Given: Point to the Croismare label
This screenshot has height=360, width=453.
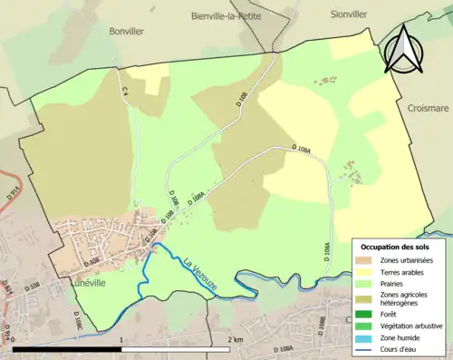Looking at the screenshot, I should (428, 106).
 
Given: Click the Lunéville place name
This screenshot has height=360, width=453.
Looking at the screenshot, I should (87, 283).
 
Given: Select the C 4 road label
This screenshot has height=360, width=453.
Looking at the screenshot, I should (126, 91).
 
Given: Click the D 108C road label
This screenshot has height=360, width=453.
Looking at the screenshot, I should (79, 317).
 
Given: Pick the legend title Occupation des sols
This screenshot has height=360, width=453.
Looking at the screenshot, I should (395, 246).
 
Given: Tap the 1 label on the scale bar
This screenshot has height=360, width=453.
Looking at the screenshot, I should (121, 340).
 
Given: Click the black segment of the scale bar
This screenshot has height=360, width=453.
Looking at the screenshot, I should (67, 348).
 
